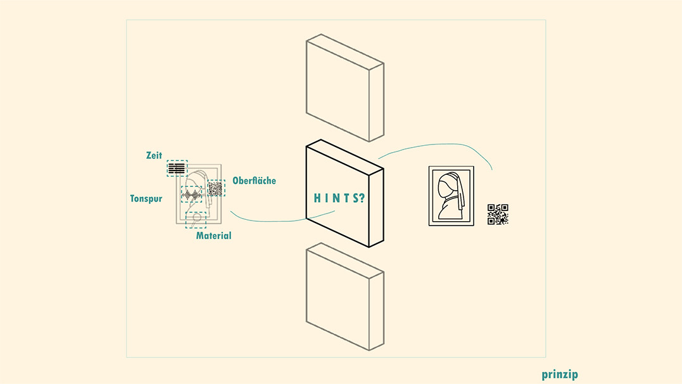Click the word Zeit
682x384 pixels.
[154, 155]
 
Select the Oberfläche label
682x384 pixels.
[254, 181]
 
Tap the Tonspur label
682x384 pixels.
[146, 198]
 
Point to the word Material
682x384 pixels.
[213, 236]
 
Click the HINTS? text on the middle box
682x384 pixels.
[339, 198]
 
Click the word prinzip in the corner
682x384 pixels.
[560, 374]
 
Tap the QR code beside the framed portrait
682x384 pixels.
[498, 214]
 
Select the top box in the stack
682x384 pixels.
[345, 87]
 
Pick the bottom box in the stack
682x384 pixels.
[345, 297]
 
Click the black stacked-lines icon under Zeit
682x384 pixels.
[177, 168]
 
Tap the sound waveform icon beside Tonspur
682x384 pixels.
[192, 195]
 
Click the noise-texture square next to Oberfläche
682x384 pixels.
[215, 189]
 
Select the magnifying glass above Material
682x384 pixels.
[196, 219]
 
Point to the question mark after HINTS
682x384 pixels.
[362, 198]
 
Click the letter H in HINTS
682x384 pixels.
[317, 198]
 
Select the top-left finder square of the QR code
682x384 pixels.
[491, 208]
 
